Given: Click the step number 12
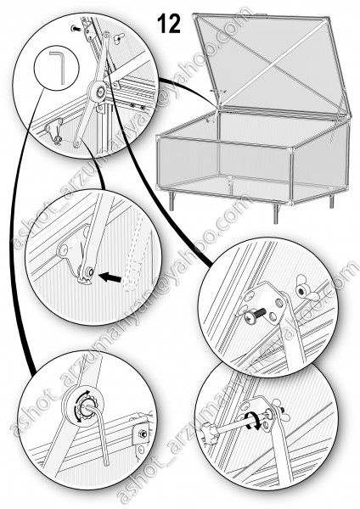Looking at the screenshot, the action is coord(169,24).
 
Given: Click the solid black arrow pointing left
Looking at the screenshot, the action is coord(110,277).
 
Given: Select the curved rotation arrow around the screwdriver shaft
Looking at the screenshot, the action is coord(253,421).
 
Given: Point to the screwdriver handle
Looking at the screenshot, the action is coord(208,434).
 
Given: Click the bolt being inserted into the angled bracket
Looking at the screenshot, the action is coord(255,316).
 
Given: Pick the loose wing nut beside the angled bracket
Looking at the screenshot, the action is coord(305,292).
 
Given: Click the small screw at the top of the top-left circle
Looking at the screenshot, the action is coord(76,29).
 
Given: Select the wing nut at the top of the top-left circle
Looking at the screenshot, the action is coord(119,39).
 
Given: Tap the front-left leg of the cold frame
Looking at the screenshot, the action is coord(172,200).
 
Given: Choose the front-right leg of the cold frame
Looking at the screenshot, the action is coord(276,214).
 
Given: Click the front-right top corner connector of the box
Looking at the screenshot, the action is coord(290,150).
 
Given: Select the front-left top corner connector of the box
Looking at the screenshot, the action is coord(158,138).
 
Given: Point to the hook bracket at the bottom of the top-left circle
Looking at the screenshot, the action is coord(54,131).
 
